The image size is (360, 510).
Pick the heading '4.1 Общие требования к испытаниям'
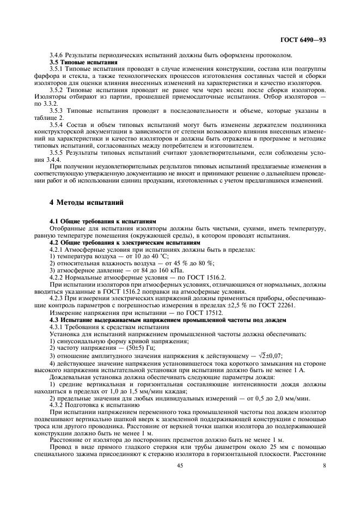click(103, 222)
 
